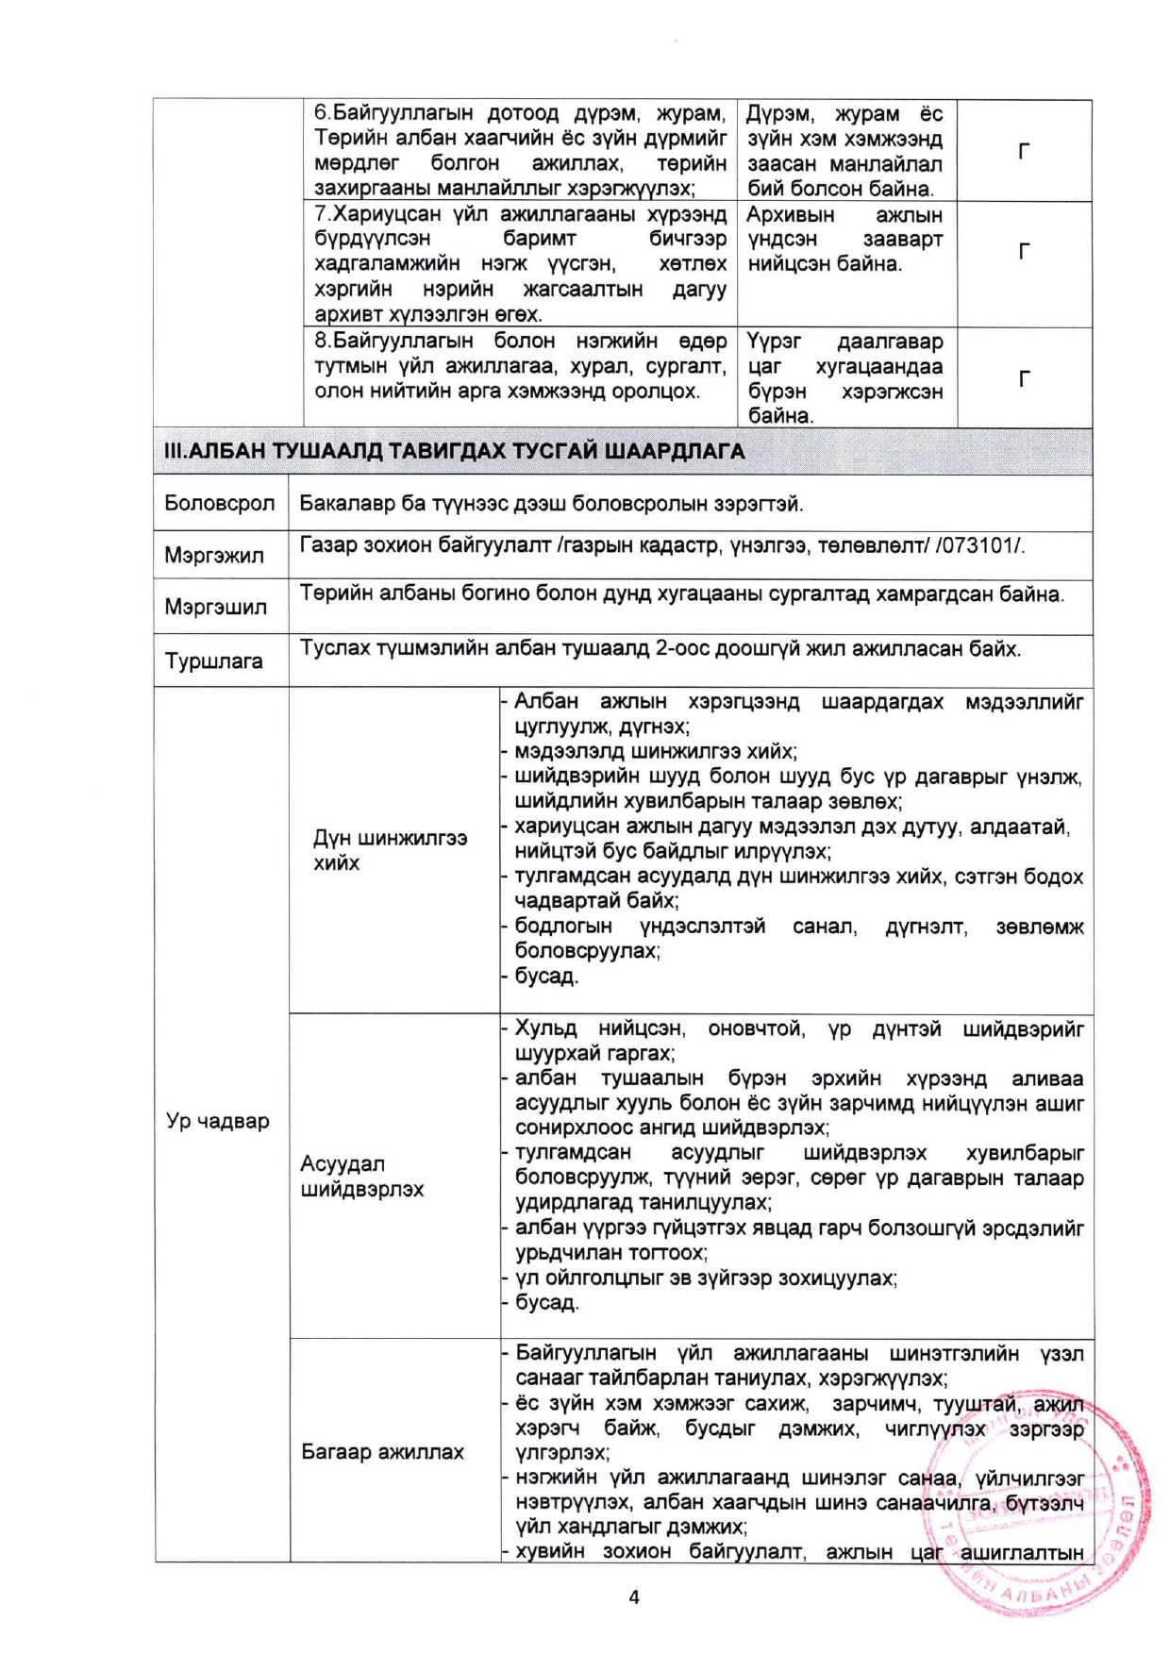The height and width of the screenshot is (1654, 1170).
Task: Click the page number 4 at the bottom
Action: click(633, 1596)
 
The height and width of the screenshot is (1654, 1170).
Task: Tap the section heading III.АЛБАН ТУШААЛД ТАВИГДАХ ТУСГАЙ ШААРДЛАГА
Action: click(454, 451)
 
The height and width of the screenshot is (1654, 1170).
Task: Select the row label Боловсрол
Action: click(219, 503)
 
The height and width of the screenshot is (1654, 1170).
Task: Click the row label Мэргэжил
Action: click(214, 555)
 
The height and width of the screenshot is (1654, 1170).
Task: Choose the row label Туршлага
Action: click(213, 660)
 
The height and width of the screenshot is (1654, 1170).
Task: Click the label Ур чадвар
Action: click(218, 1121)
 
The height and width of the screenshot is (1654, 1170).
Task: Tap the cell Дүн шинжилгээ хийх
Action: click(390, 850)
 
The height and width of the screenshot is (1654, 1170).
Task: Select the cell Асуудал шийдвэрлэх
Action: click(361, 1176)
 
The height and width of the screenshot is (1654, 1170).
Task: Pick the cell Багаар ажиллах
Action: click(382, 1451)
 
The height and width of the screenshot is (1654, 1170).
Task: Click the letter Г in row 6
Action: click(1024, 151)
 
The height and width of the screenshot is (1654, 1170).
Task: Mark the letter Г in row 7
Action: click(1024, 251)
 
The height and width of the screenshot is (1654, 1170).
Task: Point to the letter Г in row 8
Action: click(1024, 379)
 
